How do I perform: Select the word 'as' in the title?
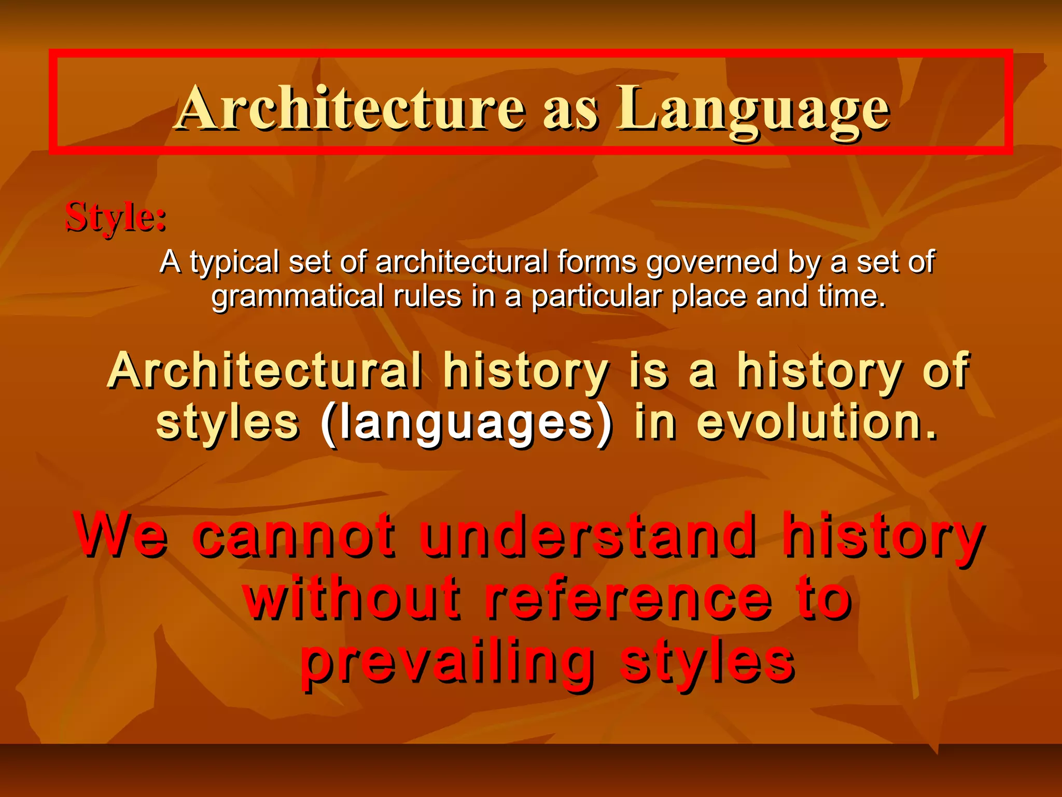[x=570, y=112]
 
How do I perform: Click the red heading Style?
[x=116, y=217]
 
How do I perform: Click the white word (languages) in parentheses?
[x=467, y=423]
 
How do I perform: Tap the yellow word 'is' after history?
[x=648, y=372]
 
